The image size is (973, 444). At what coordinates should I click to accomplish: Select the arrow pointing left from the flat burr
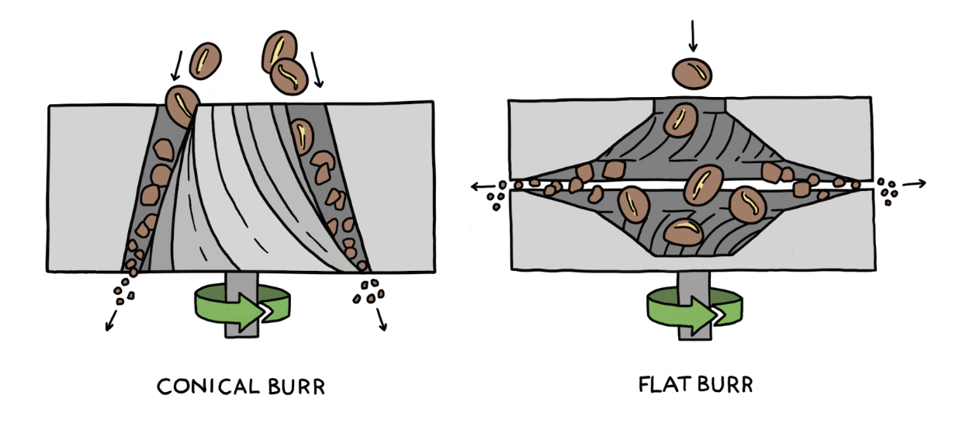point(483,186)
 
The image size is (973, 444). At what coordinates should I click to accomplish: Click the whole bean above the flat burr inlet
point(692,73)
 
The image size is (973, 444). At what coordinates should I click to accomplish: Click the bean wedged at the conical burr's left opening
point(183,105)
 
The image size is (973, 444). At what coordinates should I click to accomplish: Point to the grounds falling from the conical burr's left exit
point(125,291)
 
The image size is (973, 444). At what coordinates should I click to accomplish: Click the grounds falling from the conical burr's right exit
point(366,290)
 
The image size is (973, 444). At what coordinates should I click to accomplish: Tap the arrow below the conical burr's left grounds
point(111,319)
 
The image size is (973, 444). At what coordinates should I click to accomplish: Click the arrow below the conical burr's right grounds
point(381,319)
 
